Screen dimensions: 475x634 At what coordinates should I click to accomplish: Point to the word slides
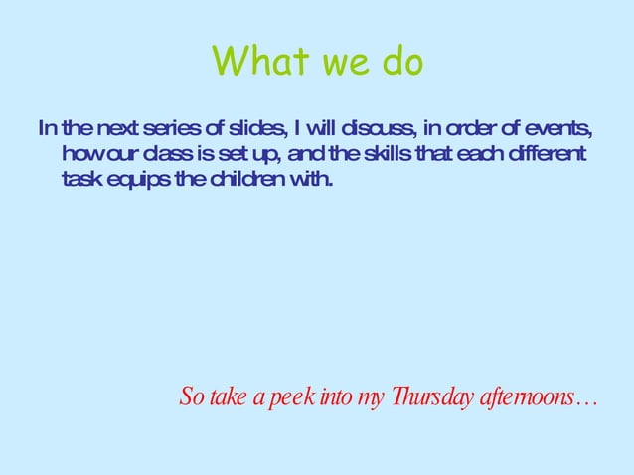(x=252, y=129)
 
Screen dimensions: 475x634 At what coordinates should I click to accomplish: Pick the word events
(x=555, y=129)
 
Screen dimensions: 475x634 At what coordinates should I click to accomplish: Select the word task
(x=79, y=181)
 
